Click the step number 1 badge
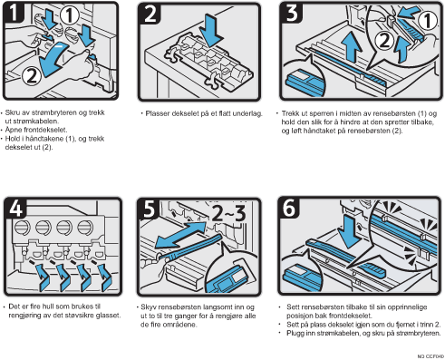click(14, 13)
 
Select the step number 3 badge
click(292, 13)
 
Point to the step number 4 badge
click(15, 208)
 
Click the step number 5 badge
click(149, 209)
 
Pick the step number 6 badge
click(289, 208)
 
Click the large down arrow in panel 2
click(211, 30)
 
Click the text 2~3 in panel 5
click(228, 213)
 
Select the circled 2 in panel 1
click(32, 75)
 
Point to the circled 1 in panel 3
click(427, 21)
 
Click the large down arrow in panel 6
click(350, 232)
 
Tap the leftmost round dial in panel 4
click(23, 228)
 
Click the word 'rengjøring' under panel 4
click(25, 316)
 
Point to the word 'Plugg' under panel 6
click(295, 334)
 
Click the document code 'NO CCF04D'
click(430, 356)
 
